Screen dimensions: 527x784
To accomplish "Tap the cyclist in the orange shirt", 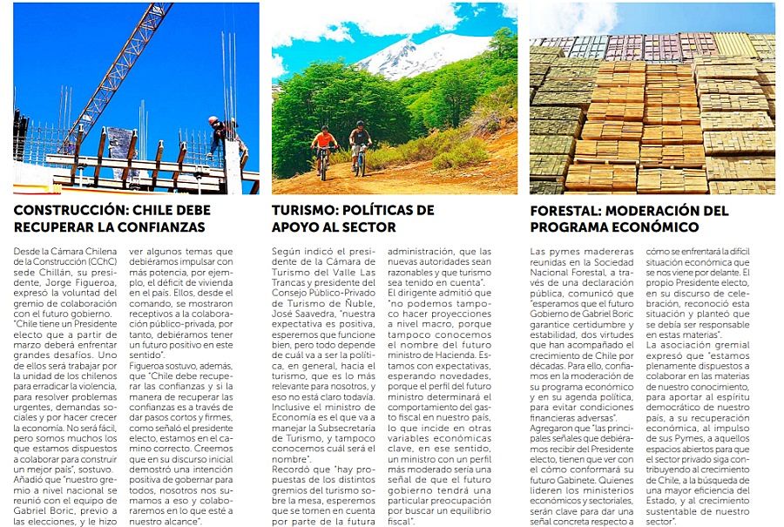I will pyautogui.click(x=324, y=145).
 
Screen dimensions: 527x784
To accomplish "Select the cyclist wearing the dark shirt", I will pyautogui.click(x=360, y=144).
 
